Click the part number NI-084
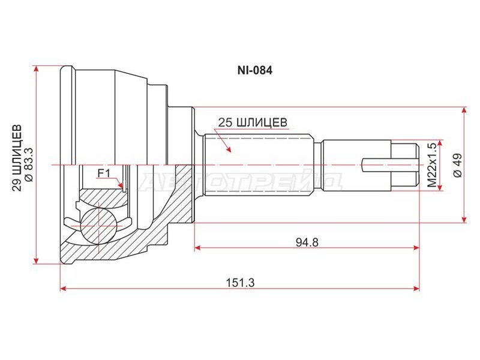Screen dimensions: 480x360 click(x=254, y=71)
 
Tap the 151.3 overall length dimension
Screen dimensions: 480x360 click(x=241, y=282)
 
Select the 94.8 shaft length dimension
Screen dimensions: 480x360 click(x=307, y=242)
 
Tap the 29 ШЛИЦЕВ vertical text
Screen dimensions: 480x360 click(x=17, y=158)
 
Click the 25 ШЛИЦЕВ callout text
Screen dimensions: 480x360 click(x=253, y=122)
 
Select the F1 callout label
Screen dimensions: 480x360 click(x=103, y=173)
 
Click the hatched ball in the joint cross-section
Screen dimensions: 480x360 click(x=98, y=226)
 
